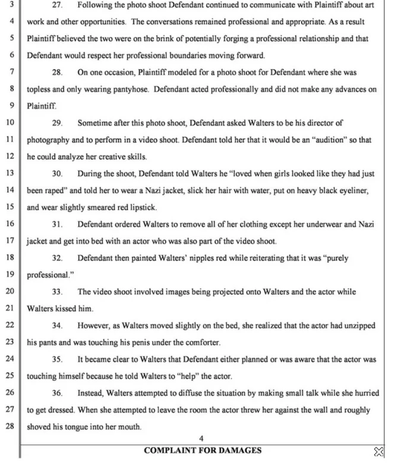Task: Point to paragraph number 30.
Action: (58, 174)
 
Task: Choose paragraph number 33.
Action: (58, 292)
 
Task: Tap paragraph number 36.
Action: (58, 393)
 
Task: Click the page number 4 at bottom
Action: (201, 439)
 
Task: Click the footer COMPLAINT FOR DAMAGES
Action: (202, 451)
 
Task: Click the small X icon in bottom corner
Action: (378, 452)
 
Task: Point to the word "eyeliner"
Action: (353, 191)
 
